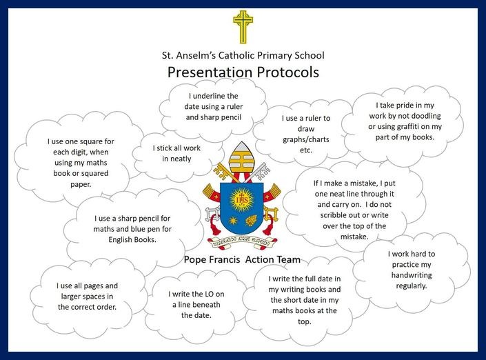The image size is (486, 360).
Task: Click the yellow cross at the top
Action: pos(243,27)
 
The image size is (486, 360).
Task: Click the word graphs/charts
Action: pos(306,140)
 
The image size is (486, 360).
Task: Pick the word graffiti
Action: pos(413,126)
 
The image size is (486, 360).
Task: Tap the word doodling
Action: pos(426,116)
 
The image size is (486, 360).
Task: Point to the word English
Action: pos(120,240)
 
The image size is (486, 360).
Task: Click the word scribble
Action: pos(332,215)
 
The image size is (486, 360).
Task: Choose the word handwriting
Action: pos(412,275)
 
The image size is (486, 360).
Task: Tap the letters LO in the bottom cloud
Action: pos(209,294)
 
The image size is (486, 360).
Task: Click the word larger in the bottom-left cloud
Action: pos(72,297)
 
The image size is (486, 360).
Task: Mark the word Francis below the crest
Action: pos(225,259)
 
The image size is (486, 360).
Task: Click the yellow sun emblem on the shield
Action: pos(241,200)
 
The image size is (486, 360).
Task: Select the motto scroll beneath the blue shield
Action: pos(242,243)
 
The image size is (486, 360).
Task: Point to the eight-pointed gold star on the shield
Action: pos(233,221)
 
